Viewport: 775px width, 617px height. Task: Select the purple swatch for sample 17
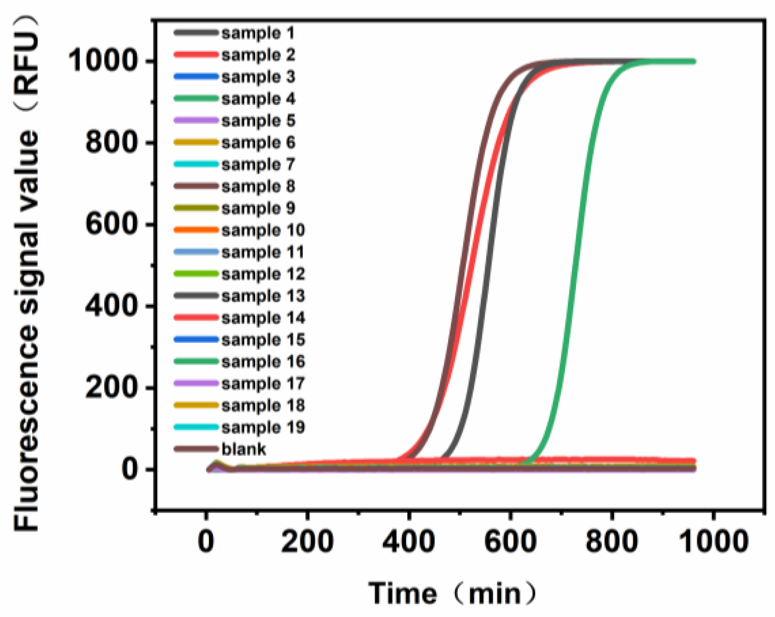pyautogui.click(x=196, y=383)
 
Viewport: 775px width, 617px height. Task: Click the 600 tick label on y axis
pyautogui.click(x=111, y=224)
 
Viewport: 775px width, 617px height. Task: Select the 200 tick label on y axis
pyautogui.click(x=111, y=388)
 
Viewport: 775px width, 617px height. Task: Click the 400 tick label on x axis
pyautogui.click(x=409, y=541)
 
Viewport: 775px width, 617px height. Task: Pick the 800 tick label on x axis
pyautogui.click(x=611, y=541)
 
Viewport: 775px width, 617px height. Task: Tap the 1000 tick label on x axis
pyautogui.click(x=713, y=541)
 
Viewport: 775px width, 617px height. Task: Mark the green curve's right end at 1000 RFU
pyautogui.click(x=693, y=61)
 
